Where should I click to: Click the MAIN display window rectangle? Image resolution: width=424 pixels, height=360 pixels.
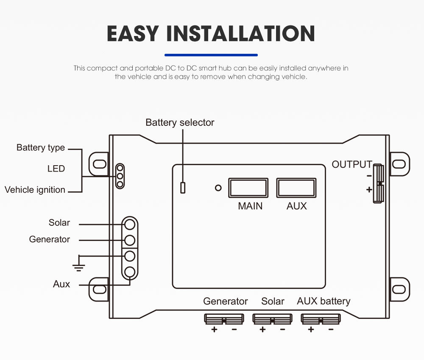[248, 188]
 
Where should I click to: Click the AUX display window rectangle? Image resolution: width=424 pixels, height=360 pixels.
[296, 188]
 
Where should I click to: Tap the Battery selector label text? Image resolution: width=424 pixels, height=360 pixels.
[180, 122]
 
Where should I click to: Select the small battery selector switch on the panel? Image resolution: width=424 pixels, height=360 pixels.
[183, 187]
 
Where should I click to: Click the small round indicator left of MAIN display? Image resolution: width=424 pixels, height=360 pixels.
[218, 188]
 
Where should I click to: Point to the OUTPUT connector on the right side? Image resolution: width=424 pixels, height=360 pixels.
[378, 184]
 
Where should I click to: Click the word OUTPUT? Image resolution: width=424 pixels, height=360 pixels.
[351, 164]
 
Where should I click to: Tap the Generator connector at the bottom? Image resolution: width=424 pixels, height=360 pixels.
[224, 318]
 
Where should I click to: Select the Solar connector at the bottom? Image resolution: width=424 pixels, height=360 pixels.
[272, 318]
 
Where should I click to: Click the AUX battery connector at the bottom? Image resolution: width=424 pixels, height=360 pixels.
[321, 318]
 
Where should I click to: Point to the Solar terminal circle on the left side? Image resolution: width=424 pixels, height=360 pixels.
[130, 224]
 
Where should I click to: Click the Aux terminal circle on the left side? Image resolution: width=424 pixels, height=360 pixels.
[130, 272]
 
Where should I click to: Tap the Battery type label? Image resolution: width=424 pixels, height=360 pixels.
[41, 147]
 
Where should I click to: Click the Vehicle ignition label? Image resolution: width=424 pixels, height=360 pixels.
[35, 190]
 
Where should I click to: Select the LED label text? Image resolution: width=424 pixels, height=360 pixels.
[56, 169]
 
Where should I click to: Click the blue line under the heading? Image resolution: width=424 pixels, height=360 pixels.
[211, 55]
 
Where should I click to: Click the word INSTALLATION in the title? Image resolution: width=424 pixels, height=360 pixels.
[240, 33]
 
